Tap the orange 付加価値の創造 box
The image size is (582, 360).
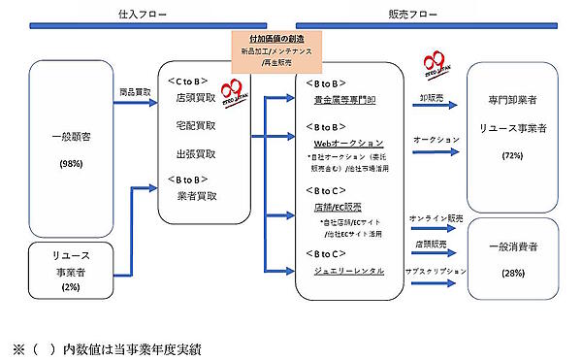(278, 49)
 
